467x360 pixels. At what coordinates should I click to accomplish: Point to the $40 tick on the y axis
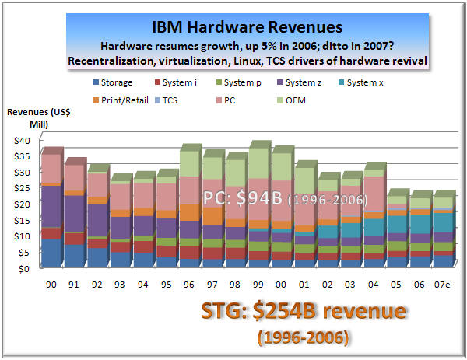[20, 140]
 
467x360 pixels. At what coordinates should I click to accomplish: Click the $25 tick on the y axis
[20, 188]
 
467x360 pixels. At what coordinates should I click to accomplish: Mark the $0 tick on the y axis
[23, 268]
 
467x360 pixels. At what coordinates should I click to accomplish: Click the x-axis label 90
[51, 285]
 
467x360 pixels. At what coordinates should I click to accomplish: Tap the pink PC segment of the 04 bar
[373, 194]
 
